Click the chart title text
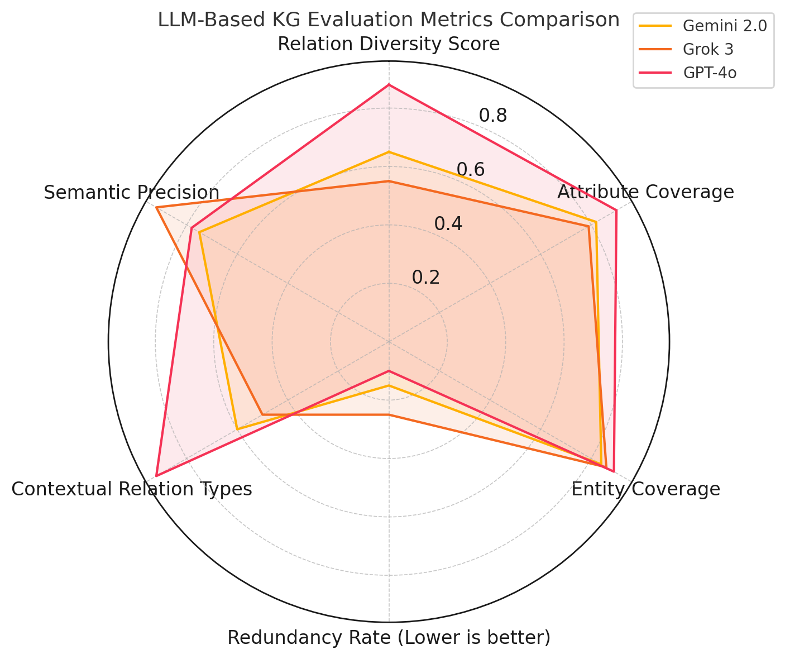pos(389,20)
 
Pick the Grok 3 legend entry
pos(708,49)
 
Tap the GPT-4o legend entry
pos(710,73)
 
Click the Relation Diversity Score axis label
pos(389,44)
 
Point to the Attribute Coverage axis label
pos(645,192)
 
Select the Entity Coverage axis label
pos(645,489)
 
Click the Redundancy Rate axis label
pos(389,637)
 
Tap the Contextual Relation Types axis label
pos(132,489)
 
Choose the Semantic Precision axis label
pos(132,193)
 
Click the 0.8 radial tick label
pos(493,116)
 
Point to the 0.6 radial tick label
pos(471,169)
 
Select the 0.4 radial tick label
pos(448,223)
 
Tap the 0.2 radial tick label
pos(426,277)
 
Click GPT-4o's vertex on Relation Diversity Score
pos(389,85)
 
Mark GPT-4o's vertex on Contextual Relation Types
pos(156,476)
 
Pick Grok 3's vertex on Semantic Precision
pos(157,208)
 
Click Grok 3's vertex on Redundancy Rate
pos(389,415)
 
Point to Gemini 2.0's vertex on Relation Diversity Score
pos(389,152)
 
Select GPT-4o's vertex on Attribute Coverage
pos(616,210)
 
